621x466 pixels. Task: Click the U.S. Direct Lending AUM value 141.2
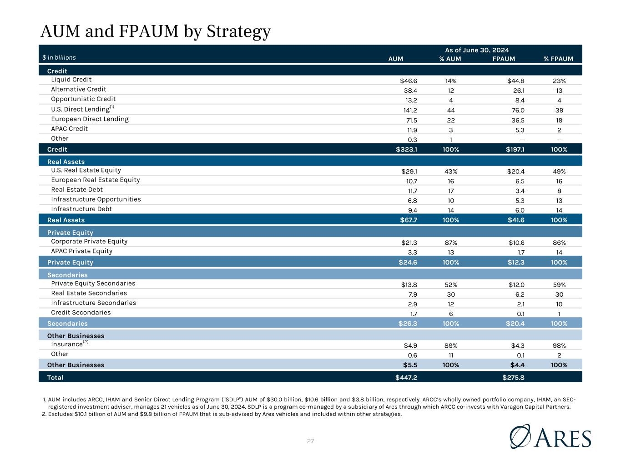coord(410,110)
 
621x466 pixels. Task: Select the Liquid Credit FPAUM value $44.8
coord(515,81)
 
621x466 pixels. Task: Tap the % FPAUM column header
coord(558,59)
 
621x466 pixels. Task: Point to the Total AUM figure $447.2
coord(406,377)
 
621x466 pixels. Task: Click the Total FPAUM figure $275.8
coord(513,377)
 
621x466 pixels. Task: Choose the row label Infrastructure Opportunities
coord(96,199)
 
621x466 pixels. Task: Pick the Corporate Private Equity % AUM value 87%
coord(451,243)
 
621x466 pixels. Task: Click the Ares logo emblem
coord(520,436)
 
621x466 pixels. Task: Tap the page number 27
coord(310,441)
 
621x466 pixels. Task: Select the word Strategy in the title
coord(238,31)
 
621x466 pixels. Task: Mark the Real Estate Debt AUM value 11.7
coord(413,191)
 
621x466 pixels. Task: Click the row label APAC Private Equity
coord(81,251)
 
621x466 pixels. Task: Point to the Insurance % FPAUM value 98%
coord(559,346)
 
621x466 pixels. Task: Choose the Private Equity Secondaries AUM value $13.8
coord(409,285)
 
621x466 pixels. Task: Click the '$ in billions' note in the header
coord(59,57)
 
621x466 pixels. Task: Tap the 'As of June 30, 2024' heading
coord(477,50)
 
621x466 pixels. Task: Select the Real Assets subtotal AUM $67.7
coord(409,220)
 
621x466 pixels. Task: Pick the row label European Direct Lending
coord(90,119)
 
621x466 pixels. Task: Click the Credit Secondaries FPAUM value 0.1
coord(520,314)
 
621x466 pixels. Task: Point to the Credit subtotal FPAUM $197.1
coord(515,149)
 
